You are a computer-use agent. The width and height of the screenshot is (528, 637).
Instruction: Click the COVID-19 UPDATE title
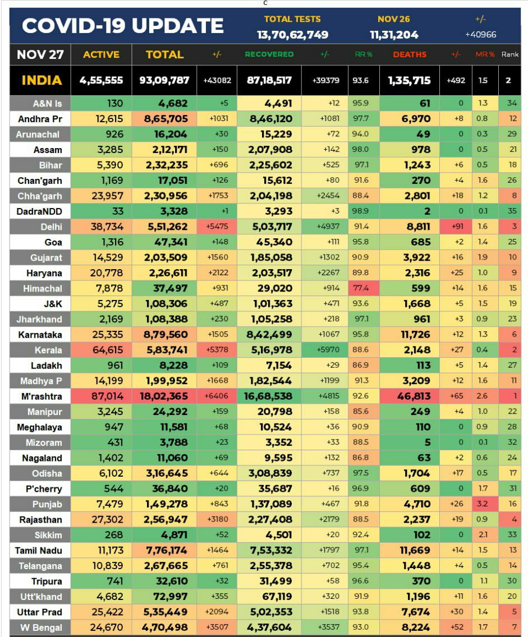122,26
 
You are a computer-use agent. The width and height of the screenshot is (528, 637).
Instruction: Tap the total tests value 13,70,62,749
292,35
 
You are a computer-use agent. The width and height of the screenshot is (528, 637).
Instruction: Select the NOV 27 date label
40,54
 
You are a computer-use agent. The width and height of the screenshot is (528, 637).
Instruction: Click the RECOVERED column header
269,54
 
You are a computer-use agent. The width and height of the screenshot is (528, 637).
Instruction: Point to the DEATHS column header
409,54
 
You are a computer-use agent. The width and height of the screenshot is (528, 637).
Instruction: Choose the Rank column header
509,54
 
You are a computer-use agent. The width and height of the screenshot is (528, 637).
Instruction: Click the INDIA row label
42,80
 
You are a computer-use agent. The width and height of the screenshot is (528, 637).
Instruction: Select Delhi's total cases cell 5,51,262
164,227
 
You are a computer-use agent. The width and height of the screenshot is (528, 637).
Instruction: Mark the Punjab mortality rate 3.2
482,504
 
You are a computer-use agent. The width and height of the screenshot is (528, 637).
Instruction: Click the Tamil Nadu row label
38,551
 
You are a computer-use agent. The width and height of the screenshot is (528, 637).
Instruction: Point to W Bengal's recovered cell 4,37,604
269,627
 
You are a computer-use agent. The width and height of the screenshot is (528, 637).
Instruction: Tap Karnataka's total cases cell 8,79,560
164,335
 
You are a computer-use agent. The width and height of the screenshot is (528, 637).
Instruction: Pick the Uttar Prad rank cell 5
513,612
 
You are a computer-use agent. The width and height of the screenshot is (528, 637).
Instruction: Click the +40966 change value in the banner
480,35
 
